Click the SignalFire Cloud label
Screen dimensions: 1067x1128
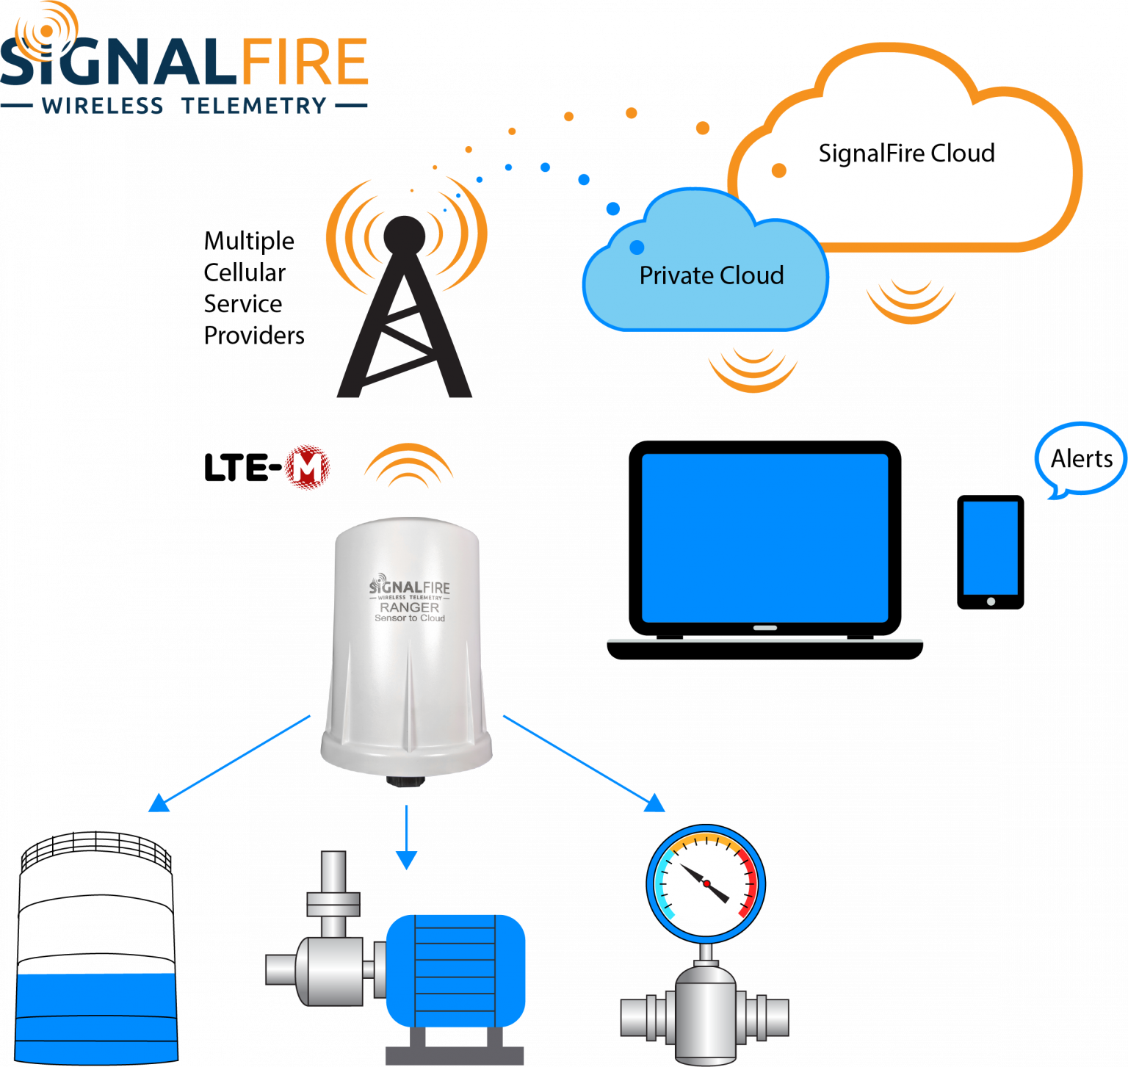tap(906, 153)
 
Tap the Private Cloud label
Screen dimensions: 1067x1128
tap(711, 275)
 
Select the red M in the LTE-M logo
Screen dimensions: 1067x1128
tap(307, 467)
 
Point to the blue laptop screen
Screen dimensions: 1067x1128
tap(764, 538)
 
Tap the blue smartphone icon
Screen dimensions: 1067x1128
tap(990, 548)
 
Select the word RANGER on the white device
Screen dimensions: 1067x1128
tap(409, 607)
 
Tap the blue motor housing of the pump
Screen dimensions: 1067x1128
tap(455, 969)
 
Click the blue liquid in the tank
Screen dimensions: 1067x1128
tap(96, 1017)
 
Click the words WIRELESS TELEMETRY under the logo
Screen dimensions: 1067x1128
tap(184, 106)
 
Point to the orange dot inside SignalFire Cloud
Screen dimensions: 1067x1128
tap(779, 170)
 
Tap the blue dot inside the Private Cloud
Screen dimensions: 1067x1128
tap(637, 247)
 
